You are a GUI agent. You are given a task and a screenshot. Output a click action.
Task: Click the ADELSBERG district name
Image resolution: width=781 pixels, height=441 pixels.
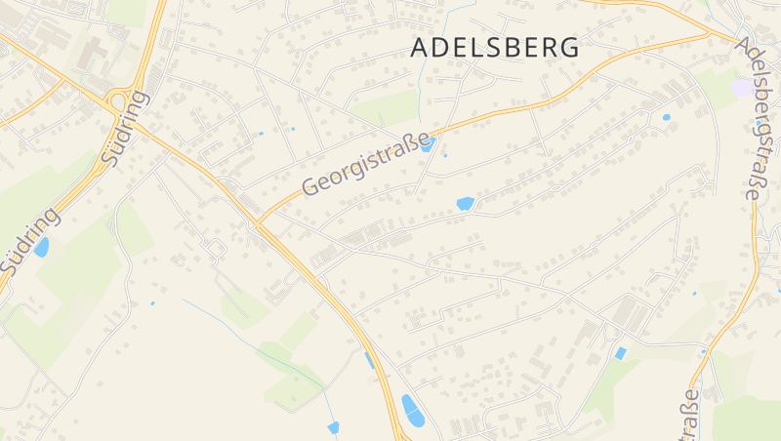[x=495, y=47]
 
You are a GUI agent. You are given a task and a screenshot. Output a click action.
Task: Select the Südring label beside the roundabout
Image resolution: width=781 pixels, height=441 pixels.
[x=125, y=127]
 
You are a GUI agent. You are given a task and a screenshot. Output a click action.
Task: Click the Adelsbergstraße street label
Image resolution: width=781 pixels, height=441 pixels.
[x=750, y=119]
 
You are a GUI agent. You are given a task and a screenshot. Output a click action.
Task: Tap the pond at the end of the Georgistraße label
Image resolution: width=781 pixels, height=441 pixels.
[x=428, y=145]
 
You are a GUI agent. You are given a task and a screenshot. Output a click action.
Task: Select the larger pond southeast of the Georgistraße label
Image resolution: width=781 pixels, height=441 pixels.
[x=465, y=204]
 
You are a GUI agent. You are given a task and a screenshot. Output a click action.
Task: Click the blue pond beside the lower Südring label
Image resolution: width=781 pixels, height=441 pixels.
[x=41, y=247]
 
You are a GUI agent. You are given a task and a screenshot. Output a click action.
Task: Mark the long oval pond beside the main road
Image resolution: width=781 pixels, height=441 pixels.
[x=413, y=411]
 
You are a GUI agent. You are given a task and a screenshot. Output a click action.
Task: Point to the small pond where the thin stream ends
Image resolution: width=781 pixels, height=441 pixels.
[x=333, y=427]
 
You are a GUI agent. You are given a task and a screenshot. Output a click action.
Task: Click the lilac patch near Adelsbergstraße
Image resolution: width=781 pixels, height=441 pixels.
[x=743, y=87]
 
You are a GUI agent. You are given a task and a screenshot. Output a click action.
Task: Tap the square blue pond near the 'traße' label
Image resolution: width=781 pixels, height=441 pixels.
[x=620, y=352]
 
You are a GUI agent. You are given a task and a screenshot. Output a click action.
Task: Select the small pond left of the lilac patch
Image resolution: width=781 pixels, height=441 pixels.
[x=667, y=117]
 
